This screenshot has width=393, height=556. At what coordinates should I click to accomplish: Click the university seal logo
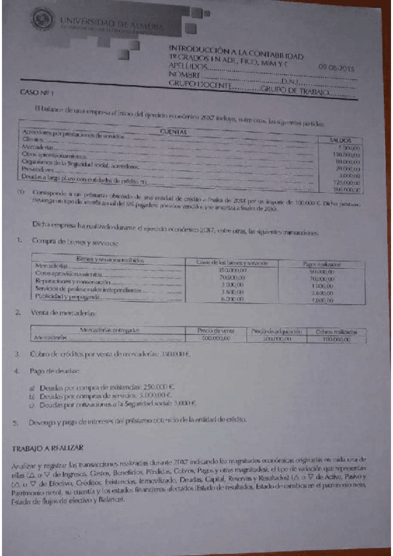click(44, 19)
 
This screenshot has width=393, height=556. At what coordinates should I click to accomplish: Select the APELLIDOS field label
click(189, 66)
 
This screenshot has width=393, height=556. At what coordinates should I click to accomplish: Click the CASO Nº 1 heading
click(37, 93)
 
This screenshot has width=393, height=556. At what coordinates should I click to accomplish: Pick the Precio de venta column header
click(213, 331)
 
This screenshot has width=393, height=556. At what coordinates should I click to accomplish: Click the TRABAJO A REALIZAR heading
click(48, 448)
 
